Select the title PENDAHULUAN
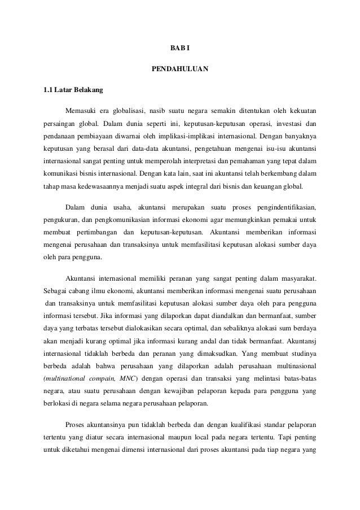point(180,70)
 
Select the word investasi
point(291,123)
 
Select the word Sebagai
point(55,291)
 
